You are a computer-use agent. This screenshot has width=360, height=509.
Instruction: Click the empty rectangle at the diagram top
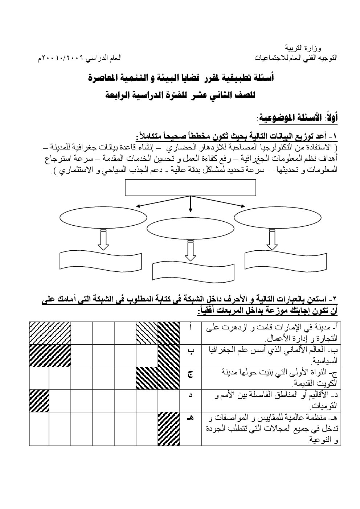[x=190, y=188]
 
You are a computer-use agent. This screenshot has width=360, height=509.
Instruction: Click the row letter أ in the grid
[x=191, y=327]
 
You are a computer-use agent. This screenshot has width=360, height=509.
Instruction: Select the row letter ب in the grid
[x=191, y=351]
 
